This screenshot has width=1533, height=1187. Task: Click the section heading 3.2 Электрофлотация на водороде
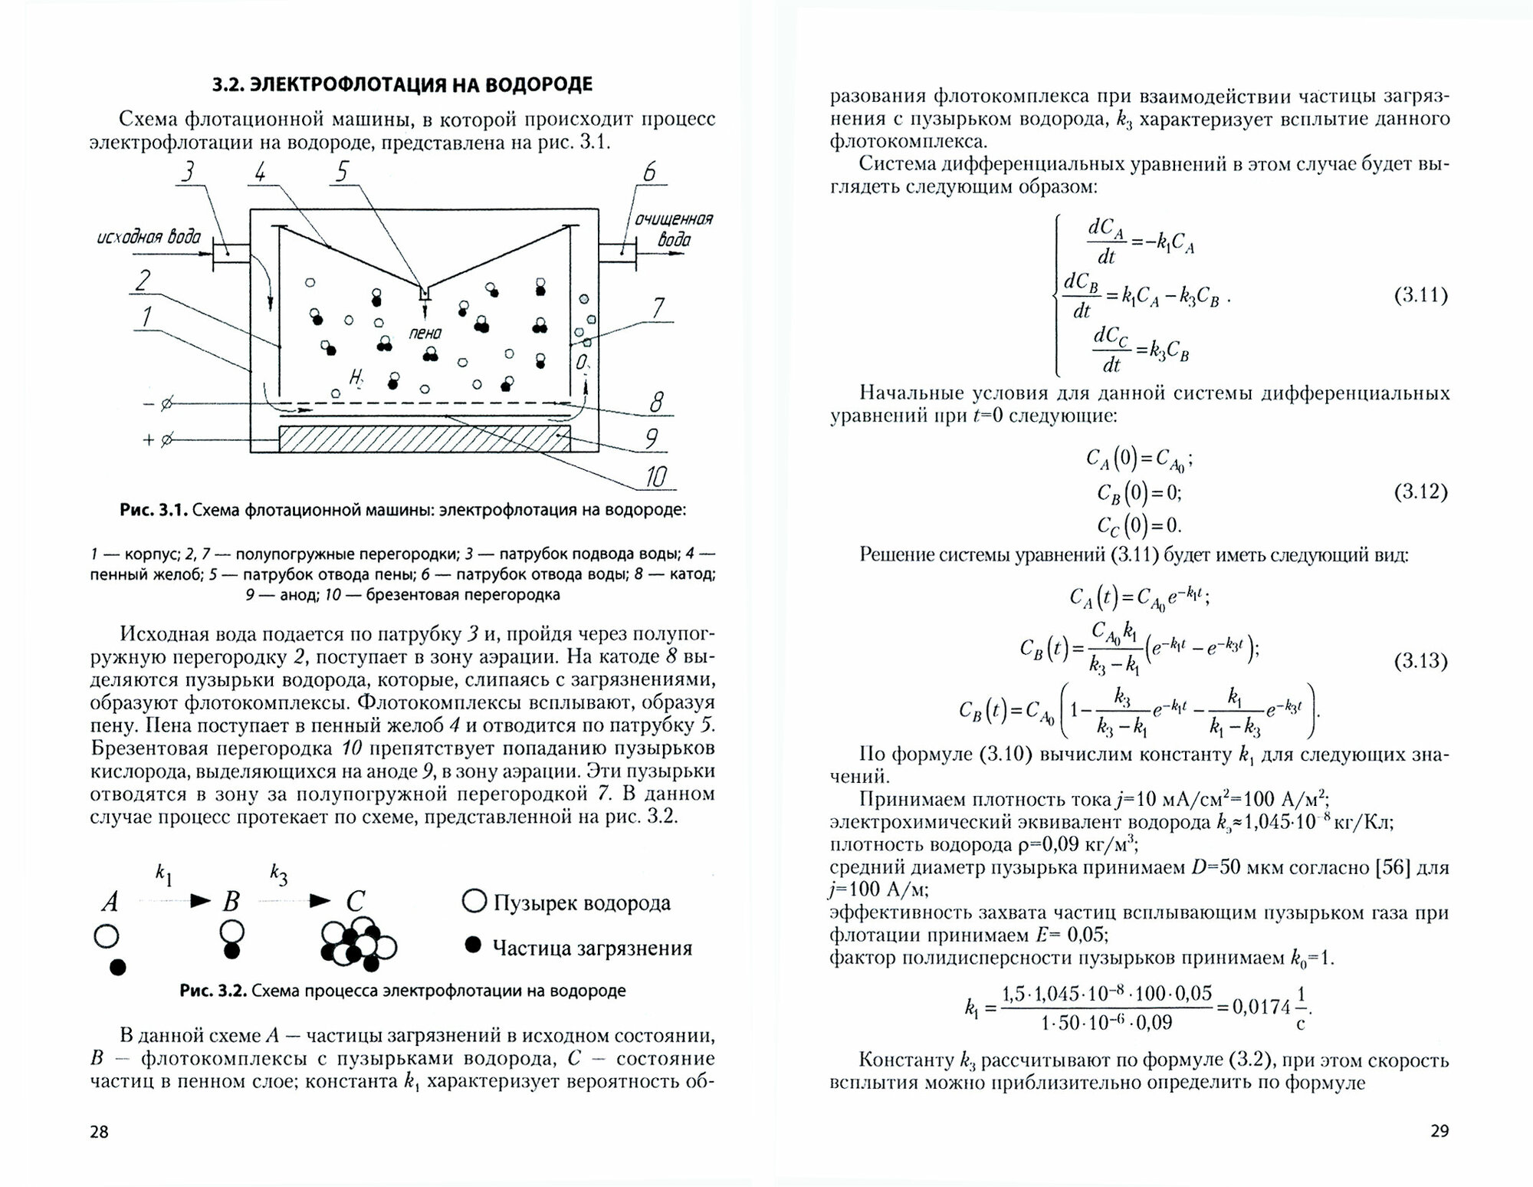click(x=402, y=84)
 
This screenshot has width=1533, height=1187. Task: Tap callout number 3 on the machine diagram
click(x=187, y=171)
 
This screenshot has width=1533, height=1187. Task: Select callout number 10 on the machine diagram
click(x=655, y=477)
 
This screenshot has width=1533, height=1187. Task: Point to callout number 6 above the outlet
click(x=648, y=172)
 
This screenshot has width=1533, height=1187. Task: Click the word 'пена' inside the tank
click(x=425, y=334)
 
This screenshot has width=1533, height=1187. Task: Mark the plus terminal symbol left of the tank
click(x=157, y=440)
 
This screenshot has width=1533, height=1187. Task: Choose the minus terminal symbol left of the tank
click(x=157, y=403)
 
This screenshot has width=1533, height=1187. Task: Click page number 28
click(x=100, y=1131)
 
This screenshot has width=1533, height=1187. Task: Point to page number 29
click(x=1439, y=1130)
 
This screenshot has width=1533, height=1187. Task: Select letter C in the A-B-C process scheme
click(x=355, y=901)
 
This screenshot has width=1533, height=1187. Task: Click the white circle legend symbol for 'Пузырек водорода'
click(x=474, y=902)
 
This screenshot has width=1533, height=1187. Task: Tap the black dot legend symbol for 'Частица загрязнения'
click(x=474, y=945)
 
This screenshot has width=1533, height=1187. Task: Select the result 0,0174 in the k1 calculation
click(x=1261, y=1006)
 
